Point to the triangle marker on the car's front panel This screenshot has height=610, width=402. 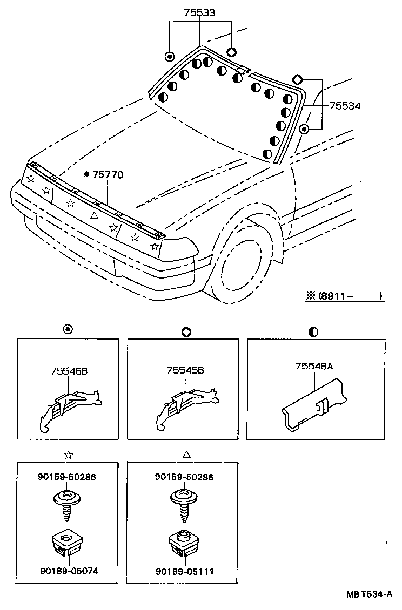click(93, 215)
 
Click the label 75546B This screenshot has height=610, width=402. click(70, 371)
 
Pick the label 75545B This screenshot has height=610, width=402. click(185, 371)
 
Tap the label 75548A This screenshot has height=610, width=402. click(314, 366)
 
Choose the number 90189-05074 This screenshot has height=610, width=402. click(68, 570)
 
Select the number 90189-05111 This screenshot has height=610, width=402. click(185, 570)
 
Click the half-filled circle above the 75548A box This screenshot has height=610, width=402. click(314, 331)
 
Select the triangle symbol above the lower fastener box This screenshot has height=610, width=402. click(186, 455)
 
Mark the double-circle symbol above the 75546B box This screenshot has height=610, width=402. click(68, 330)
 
